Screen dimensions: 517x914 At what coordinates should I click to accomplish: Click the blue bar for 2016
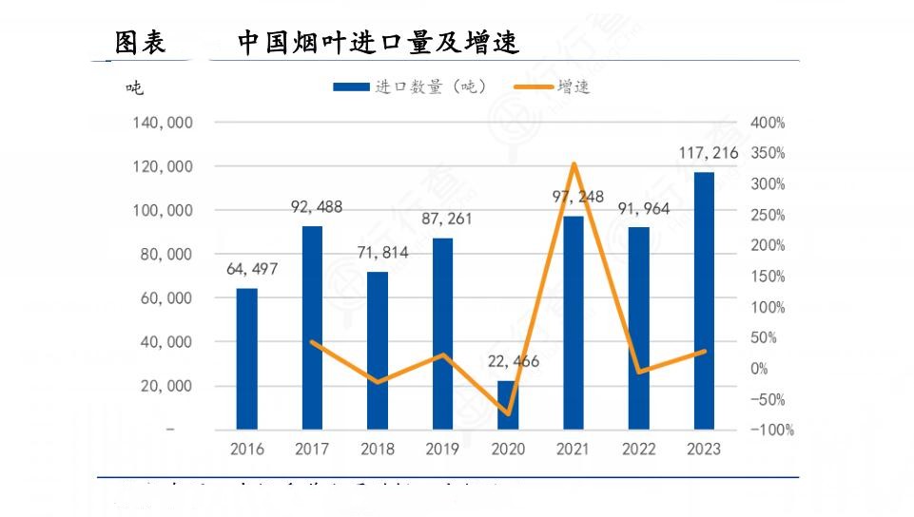(247, 358)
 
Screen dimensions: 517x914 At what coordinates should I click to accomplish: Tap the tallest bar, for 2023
(704, 300)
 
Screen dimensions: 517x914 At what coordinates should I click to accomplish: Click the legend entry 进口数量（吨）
(411, 87)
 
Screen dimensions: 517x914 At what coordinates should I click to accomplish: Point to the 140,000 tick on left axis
(165, 123)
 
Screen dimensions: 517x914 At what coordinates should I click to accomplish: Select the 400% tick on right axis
(768, 123)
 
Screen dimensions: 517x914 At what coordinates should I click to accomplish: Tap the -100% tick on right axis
(771, 430)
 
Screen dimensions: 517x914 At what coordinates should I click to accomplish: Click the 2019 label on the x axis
(442, 449)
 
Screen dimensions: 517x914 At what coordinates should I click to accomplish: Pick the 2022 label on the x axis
(638, 449)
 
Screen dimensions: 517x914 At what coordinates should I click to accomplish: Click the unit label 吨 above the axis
(134, 88)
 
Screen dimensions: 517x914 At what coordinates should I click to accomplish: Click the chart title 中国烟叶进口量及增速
(379, 43)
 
